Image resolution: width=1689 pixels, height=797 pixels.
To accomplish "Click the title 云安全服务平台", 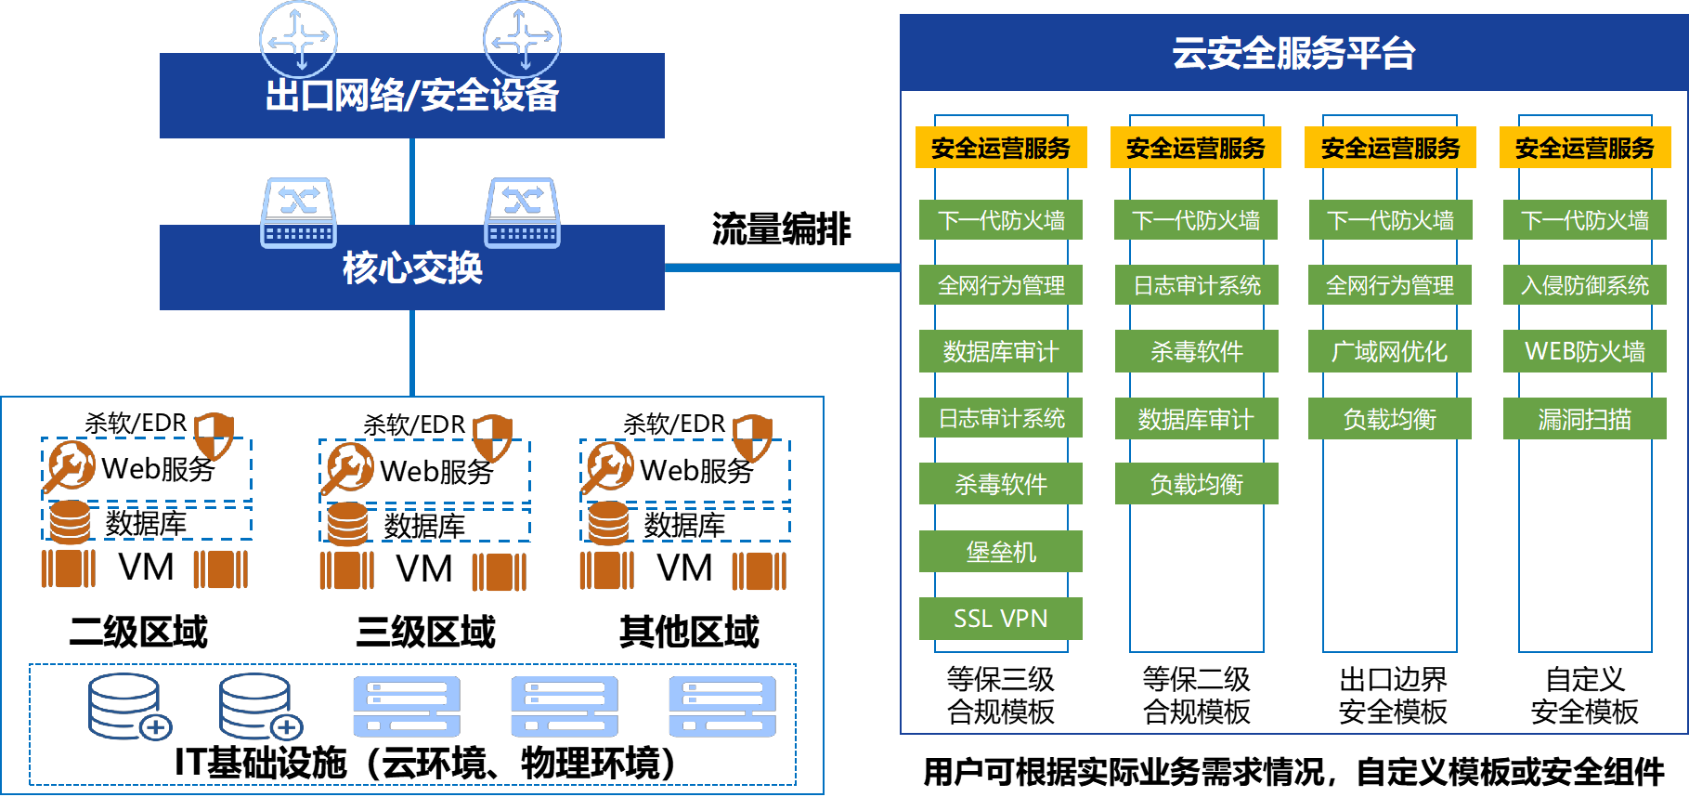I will tap(1293, 53).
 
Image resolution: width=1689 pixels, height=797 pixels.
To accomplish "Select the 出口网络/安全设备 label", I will tap(412, 96).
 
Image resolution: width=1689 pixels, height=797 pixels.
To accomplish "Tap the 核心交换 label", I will tap(412, 268).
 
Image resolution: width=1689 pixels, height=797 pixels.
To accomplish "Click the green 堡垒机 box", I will tap(1001, 552).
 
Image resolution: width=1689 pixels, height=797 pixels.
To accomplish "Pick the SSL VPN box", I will tap(1001, 619).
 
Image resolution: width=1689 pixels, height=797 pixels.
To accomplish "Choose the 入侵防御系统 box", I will tap(1585, 285).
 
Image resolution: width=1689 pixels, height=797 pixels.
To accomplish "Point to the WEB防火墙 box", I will tap(1585, 351).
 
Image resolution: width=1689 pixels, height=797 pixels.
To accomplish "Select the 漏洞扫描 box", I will tap(1585, 419).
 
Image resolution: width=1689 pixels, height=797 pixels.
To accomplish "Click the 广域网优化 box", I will tap(1390, 351).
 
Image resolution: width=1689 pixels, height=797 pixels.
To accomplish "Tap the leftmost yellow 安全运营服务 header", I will tap(1001, 148).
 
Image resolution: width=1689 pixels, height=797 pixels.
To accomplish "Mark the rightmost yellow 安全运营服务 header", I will tap(1585, 148).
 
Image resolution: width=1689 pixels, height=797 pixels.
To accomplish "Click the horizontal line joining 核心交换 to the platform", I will tap(782, 268).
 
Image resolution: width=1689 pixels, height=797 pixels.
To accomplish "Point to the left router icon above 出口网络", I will tap(298, 39).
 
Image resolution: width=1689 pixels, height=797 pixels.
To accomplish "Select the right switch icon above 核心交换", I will tap(523, 213).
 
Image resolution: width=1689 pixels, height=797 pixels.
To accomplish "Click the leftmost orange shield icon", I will tap(214, 436).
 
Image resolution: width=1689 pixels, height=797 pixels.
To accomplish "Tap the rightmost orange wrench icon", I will tap(609, 466).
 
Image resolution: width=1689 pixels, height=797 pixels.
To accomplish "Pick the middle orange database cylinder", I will tap(348, 523).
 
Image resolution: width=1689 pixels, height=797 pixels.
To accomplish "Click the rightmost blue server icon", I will tap(722, 707).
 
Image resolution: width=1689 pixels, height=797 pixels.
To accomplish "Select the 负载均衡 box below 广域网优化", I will tap(1390, 419).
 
